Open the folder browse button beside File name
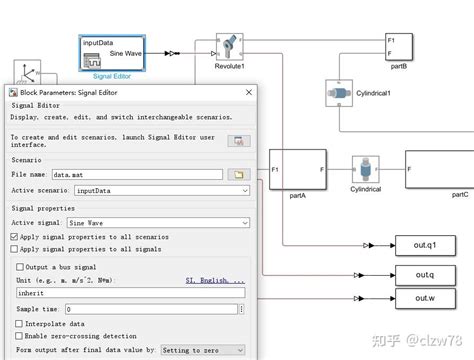click(238, 174)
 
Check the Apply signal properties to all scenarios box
click(14, 236)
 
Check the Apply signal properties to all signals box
click(14, 248)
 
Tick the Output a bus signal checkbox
click(20, 267)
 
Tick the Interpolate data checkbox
click(20, 323)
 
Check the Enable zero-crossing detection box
click(20, 336)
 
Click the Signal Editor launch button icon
click(238, 141)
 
